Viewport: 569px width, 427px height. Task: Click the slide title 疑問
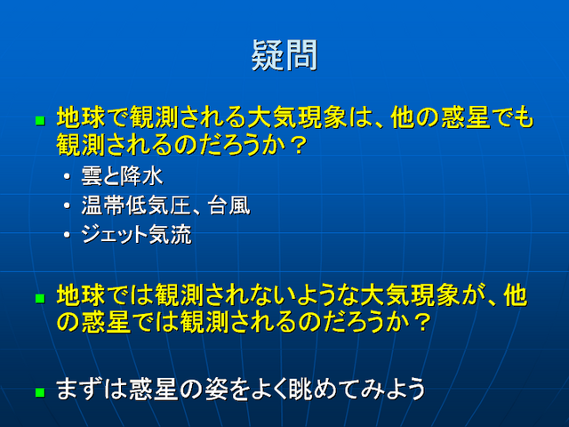click(284, 55)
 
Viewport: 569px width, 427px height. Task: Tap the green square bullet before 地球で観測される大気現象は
click(40, 121)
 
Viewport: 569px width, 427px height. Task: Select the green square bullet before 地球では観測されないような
click(40, 299)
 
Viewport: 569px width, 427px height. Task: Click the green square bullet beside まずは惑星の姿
click(40, 392)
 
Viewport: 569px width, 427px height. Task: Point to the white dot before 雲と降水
click(67, 177)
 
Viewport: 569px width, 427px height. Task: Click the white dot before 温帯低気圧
click(67, 205)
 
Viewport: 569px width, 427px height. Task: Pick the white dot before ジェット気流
click(67, 235)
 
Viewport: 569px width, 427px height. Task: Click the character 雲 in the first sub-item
click(92, 176)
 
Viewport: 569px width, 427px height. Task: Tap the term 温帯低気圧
click(136, 205)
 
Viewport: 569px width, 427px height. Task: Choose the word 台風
click(229, 205)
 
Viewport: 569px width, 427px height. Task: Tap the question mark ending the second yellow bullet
click(422, 322)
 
